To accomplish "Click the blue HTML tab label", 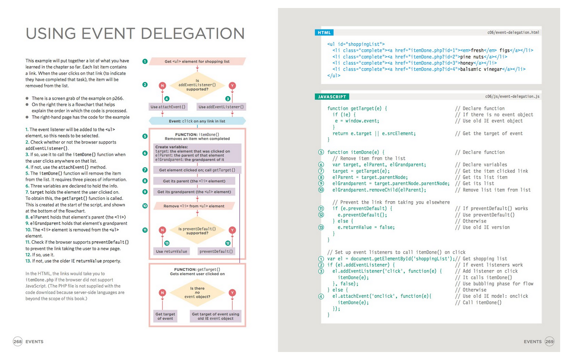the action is click(324, 32).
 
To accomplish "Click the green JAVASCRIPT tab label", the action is click(332, 97).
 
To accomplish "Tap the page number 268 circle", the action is click(18, 341).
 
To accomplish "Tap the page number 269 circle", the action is click(549, 341).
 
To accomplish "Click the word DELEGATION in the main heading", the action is click(192, 34).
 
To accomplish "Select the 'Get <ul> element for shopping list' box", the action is click(197, 62).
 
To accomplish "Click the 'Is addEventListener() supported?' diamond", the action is click(197, 85).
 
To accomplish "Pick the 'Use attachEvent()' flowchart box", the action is click(168, 107).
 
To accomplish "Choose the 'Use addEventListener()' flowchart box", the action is click(221, 107).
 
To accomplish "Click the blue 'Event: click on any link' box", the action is click(197, 121).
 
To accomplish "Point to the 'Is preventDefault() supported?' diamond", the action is click(197, 231).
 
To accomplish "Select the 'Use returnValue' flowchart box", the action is click(171, 251).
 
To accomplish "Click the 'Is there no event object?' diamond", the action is click(197, 293).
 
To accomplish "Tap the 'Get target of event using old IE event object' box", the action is click(215, 316).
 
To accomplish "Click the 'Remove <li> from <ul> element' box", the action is click(194, 206).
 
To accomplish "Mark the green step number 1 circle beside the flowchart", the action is click(145, 62).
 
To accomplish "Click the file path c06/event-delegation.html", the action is click(513, 32).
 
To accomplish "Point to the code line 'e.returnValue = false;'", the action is click(366, 227).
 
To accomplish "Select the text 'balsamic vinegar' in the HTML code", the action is click(481, 69).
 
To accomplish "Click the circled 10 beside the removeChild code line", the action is click(321, 190).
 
